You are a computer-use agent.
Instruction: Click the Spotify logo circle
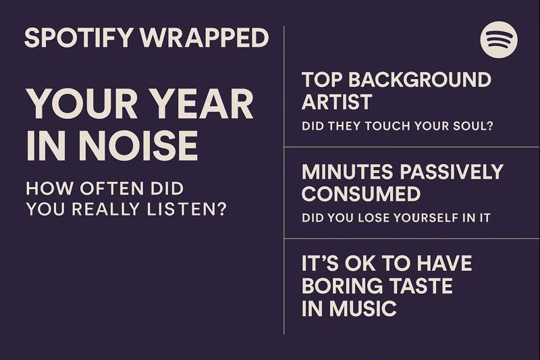click(499, 39)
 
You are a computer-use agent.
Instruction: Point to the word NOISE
click(139, 145)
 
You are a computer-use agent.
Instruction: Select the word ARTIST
click(337, 102)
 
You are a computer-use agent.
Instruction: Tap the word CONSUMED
click(360, 194)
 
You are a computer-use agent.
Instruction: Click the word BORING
click(341, 286)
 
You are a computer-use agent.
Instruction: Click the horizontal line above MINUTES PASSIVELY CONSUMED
click(412, 147)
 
